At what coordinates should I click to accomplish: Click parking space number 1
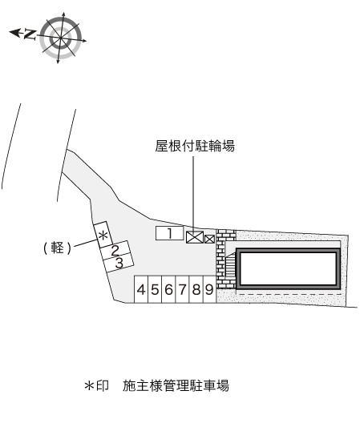tap(169, 233)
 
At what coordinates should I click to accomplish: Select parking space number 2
tap(115, 250)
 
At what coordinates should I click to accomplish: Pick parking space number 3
tap(119, 262)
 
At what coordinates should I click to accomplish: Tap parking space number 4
tap(141, 289)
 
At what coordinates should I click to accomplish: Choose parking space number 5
tap(155, 289)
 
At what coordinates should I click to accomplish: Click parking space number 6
tap(168, 289)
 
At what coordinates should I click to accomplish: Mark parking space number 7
tap(182, 289)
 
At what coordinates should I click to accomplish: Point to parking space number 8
tap(195, 289)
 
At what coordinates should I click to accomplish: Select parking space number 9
tap(208, 289)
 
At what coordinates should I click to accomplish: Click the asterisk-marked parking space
tap(103, 235)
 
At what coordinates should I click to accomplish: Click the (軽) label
tap(58, 248)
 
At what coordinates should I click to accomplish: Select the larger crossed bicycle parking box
tap(194, 236)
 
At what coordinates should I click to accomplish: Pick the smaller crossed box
tap(210, 238)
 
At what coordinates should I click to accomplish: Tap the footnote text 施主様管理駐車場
tap(176, 386)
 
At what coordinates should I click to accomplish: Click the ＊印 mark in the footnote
tap(96, 386)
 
